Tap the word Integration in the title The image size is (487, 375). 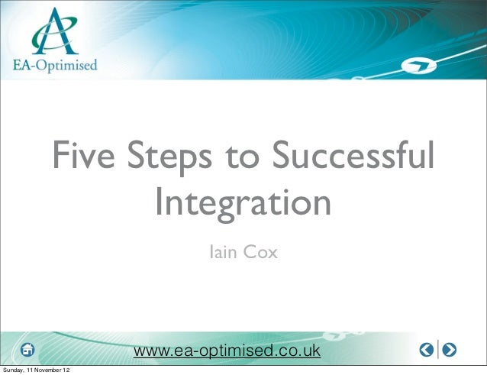point(243,204)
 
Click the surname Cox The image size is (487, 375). point(263,250)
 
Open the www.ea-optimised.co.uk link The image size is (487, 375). point(227,351)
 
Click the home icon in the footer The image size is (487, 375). point(28,350)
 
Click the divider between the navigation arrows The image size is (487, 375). point(438,350)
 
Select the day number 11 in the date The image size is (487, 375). point(33,370)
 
